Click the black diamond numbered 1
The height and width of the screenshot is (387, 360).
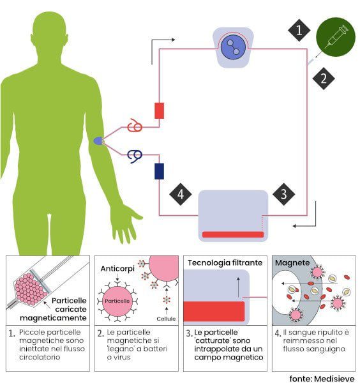299,30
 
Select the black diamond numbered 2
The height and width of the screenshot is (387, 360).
323,79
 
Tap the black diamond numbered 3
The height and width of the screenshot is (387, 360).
284,194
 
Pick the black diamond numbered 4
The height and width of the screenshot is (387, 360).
181,194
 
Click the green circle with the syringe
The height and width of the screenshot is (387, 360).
336,37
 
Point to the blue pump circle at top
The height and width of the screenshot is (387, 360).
233,47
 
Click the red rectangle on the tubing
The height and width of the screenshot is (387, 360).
159,110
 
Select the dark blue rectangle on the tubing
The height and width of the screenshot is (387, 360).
159,171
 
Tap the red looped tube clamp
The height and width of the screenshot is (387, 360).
135,126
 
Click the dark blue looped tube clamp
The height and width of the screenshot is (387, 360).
135,156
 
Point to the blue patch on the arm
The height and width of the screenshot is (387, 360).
98,141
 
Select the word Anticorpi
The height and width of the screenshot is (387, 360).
117,268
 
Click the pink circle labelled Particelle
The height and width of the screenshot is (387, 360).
117,301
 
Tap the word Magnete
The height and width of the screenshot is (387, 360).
292,262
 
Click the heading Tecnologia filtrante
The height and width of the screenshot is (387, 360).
225,262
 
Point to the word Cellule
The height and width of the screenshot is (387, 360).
166,319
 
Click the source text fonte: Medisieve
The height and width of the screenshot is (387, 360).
322,379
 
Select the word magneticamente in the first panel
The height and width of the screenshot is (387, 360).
53,318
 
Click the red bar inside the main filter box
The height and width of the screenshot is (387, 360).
233,234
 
